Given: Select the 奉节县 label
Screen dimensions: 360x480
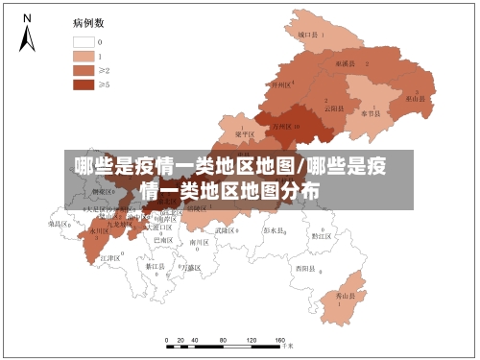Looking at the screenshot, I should [x=370, y=113].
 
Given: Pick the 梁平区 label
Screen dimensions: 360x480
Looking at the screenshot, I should [x=244, y=134].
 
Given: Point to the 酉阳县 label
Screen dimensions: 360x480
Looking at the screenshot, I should [x=305, y=268].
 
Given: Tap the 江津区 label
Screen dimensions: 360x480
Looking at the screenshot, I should [x=109, y=258].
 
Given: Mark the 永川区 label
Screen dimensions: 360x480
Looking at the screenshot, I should [x=99, y=231].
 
